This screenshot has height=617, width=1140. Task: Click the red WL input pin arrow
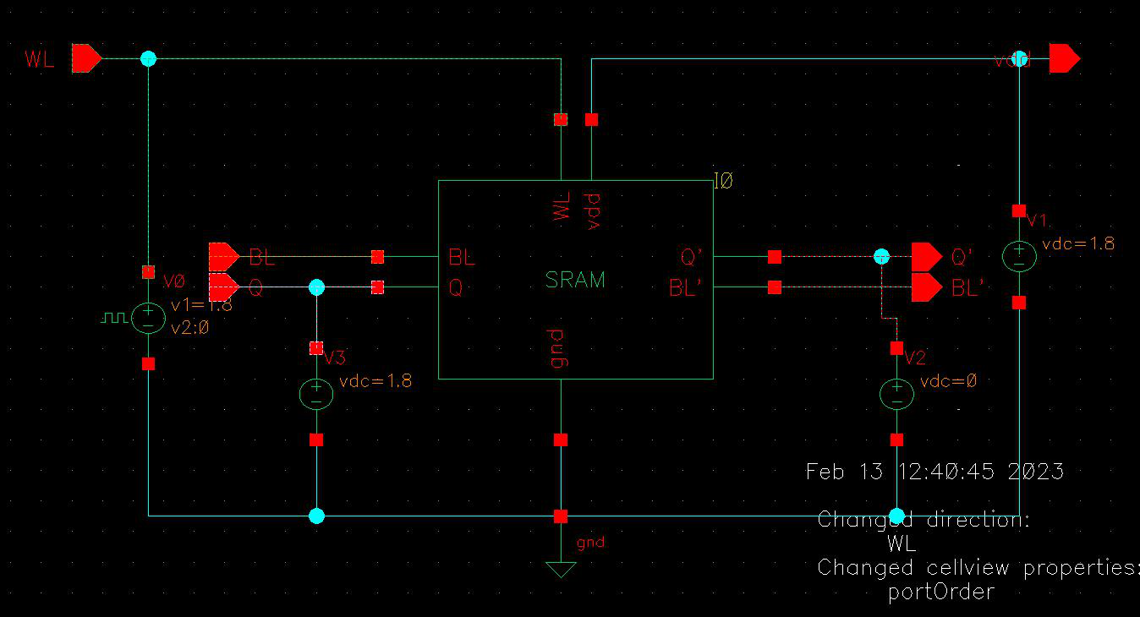click(x=86, y=58)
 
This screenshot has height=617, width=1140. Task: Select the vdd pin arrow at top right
click(x=1064, y=58)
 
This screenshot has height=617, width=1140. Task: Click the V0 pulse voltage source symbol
click(x=148, y=318)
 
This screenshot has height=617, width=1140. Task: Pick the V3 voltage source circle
click(x=316, y=394)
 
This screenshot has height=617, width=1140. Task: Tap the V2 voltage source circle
click(x=896, y=394)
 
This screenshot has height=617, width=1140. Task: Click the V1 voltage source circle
click(x=1019, y=256)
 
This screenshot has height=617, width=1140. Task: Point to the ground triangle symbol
click(x=560, y=569)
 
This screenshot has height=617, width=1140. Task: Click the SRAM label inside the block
click(x=575, y=280)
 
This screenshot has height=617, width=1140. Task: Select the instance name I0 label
click(x=723, y=180)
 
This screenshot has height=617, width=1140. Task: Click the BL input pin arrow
click(x=223, y=255)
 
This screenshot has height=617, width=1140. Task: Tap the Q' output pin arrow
click(x=926, y=255)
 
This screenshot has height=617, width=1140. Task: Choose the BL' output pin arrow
click(x=926, y=288)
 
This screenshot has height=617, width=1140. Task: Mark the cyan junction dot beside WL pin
click(x=148, y=58)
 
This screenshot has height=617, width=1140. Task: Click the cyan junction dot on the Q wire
click(x=316, y=287)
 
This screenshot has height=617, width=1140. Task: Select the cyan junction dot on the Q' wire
click(x=881, y=255)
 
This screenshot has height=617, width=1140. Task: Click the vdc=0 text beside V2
click(x=948, y=380)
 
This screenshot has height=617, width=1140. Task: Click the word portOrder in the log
click(x=940, y=592)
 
